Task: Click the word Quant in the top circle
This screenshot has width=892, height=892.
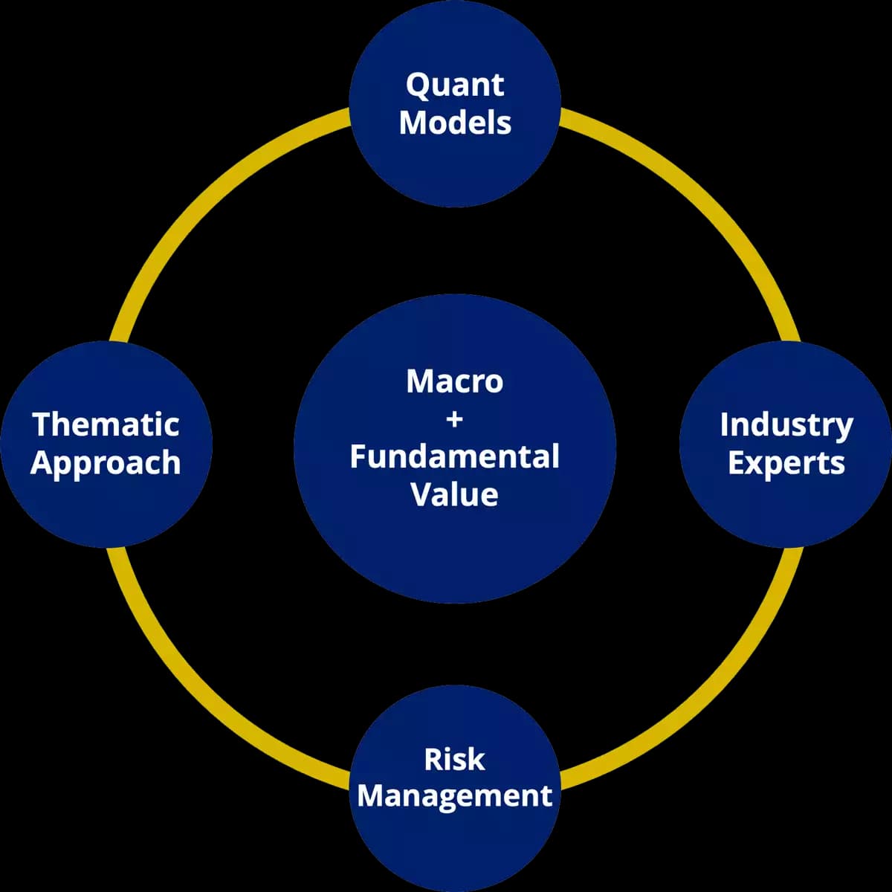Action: pos(455,85)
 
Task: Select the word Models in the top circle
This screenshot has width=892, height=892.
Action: pos(455,122)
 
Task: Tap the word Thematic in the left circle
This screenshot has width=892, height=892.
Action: pos(106,425)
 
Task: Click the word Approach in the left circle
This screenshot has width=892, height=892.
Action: pos(106,463)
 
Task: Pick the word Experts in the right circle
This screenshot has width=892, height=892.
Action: pos(786,462)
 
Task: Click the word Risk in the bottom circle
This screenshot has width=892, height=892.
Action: pos(454,760)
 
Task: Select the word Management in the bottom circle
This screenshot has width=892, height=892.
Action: pos(454,795)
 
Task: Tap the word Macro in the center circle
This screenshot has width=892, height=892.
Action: pos(454,382)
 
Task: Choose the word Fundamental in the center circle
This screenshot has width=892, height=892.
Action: pos(454,456)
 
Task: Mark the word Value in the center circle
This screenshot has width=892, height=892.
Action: pos(454,495)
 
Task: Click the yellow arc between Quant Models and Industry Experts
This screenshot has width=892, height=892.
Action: pos(691,201)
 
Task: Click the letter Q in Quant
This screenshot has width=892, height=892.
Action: pos(417,85)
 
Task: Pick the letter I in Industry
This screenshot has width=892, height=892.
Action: pos(725,424)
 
